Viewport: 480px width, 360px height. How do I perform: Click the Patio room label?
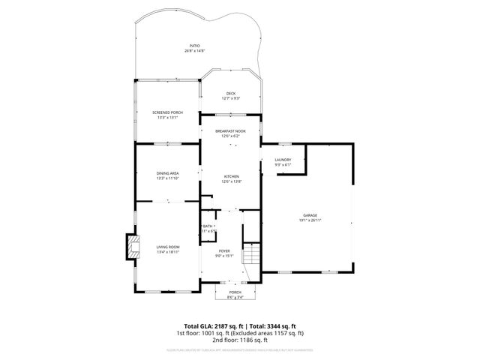coord(194,46)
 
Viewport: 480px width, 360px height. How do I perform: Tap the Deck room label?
coord(231,94)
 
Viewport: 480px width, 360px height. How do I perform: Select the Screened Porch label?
coord(167,112)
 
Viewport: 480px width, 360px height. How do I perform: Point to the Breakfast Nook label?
coord(230,131)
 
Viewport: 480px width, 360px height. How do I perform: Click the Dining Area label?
coord(167,173)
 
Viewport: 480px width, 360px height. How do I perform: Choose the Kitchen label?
coord(230,176)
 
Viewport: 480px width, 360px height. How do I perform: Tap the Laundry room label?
coord(283,160)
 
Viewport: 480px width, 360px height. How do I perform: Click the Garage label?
coord(310,215)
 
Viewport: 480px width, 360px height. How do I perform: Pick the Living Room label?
coord(167,247)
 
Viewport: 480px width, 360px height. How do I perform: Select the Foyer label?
coord(225,250)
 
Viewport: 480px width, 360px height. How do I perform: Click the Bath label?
coord(208,226)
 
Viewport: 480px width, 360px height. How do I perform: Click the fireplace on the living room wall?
coord(131,247)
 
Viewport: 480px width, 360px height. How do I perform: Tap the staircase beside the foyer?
coord(253,259)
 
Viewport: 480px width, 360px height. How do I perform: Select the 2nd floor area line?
coord(239,340)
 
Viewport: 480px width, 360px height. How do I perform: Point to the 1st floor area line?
coord(239,333)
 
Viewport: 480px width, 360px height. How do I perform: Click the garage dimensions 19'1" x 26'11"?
coord(310,220)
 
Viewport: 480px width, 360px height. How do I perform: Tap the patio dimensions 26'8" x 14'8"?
coord(194,51)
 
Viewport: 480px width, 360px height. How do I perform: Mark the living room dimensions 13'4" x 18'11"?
coord(167,252)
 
